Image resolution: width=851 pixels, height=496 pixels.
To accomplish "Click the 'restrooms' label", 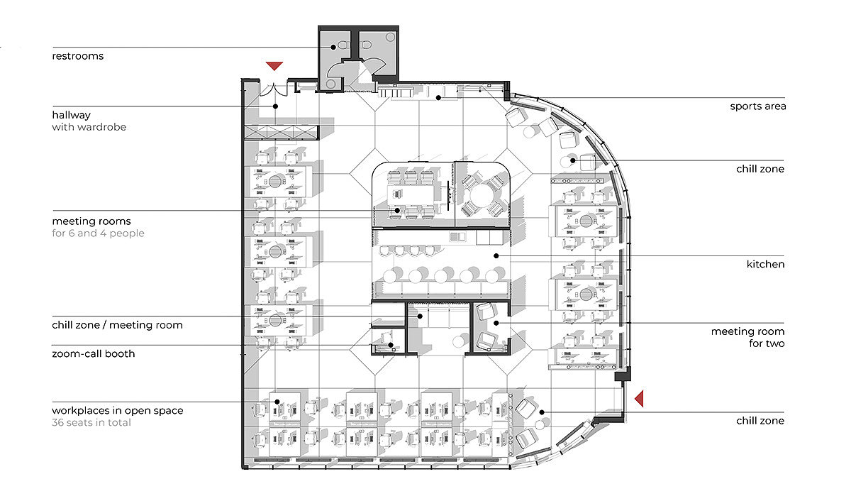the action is click(77, 56).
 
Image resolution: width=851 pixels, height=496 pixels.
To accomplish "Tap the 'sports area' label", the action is click(758, 107).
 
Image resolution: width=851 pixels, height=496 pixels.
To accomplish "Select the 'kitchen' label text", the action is click(765, 264).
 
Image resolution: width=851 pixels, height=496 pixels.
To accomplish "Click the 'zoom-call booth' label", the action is click(94, 354).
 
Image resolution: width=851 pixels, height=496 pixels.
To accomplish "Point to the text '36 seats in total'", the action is click(91, 423).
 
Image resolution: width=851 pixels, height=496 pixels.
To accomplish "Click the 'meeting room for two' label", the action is click(747, 338).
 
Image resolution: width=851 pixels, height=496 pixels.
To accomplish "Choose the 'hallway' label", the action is click(72, 115).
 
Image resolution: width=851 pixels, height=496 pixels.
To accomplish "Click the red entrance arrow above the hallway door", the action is click(274, 66).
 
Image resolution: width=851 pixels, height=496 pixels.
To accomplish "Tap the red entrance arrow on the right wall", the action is click(639, 399).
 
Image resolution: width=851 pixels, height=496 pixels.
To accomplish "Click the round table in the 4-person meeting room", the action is click(482, 195).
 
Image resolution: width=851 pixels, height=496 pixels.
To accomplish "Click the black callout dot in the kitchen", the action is click(496, 255).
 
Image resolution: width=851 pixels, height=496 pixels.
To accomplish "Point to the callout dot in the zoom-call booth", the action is click(391, 345).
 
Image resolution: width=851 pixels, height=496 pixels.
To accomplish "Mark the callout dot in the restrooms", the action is click(333, 47).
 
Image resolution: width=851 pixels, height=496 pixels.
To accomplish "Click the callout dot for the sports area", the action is click(438, 98).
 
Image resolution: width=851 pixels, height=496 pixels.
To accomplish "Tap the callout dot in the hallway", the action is click(275, 106).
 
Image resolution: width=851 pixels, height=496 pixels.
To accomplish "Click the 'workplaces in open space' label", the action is click(118, 411).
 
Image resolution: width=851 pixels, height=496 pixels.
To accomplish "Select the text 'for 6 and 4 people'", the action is click(98, 233).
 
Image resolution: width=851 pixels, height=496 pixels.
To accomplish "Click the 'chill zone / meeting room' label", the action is click(118, 326).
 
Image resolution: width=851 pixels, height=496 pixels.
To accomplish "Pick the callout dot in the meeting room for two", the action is click(496, 323).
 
